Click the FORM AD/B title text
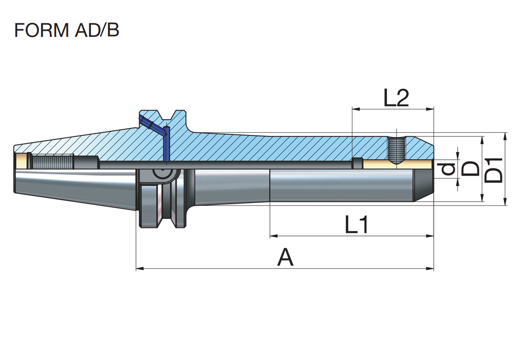click(x=67, y=30)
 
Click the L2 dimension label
click(x=397, y=98)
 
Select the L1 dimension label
click(x=357, y=225)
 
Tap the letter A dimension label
click(x=285, y=257)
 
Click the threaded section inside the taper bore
click(x=52, y=161)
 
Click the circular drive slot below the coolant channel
click(x=163, y=176)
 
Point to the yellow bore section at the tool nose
click(x=397, y=164)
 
